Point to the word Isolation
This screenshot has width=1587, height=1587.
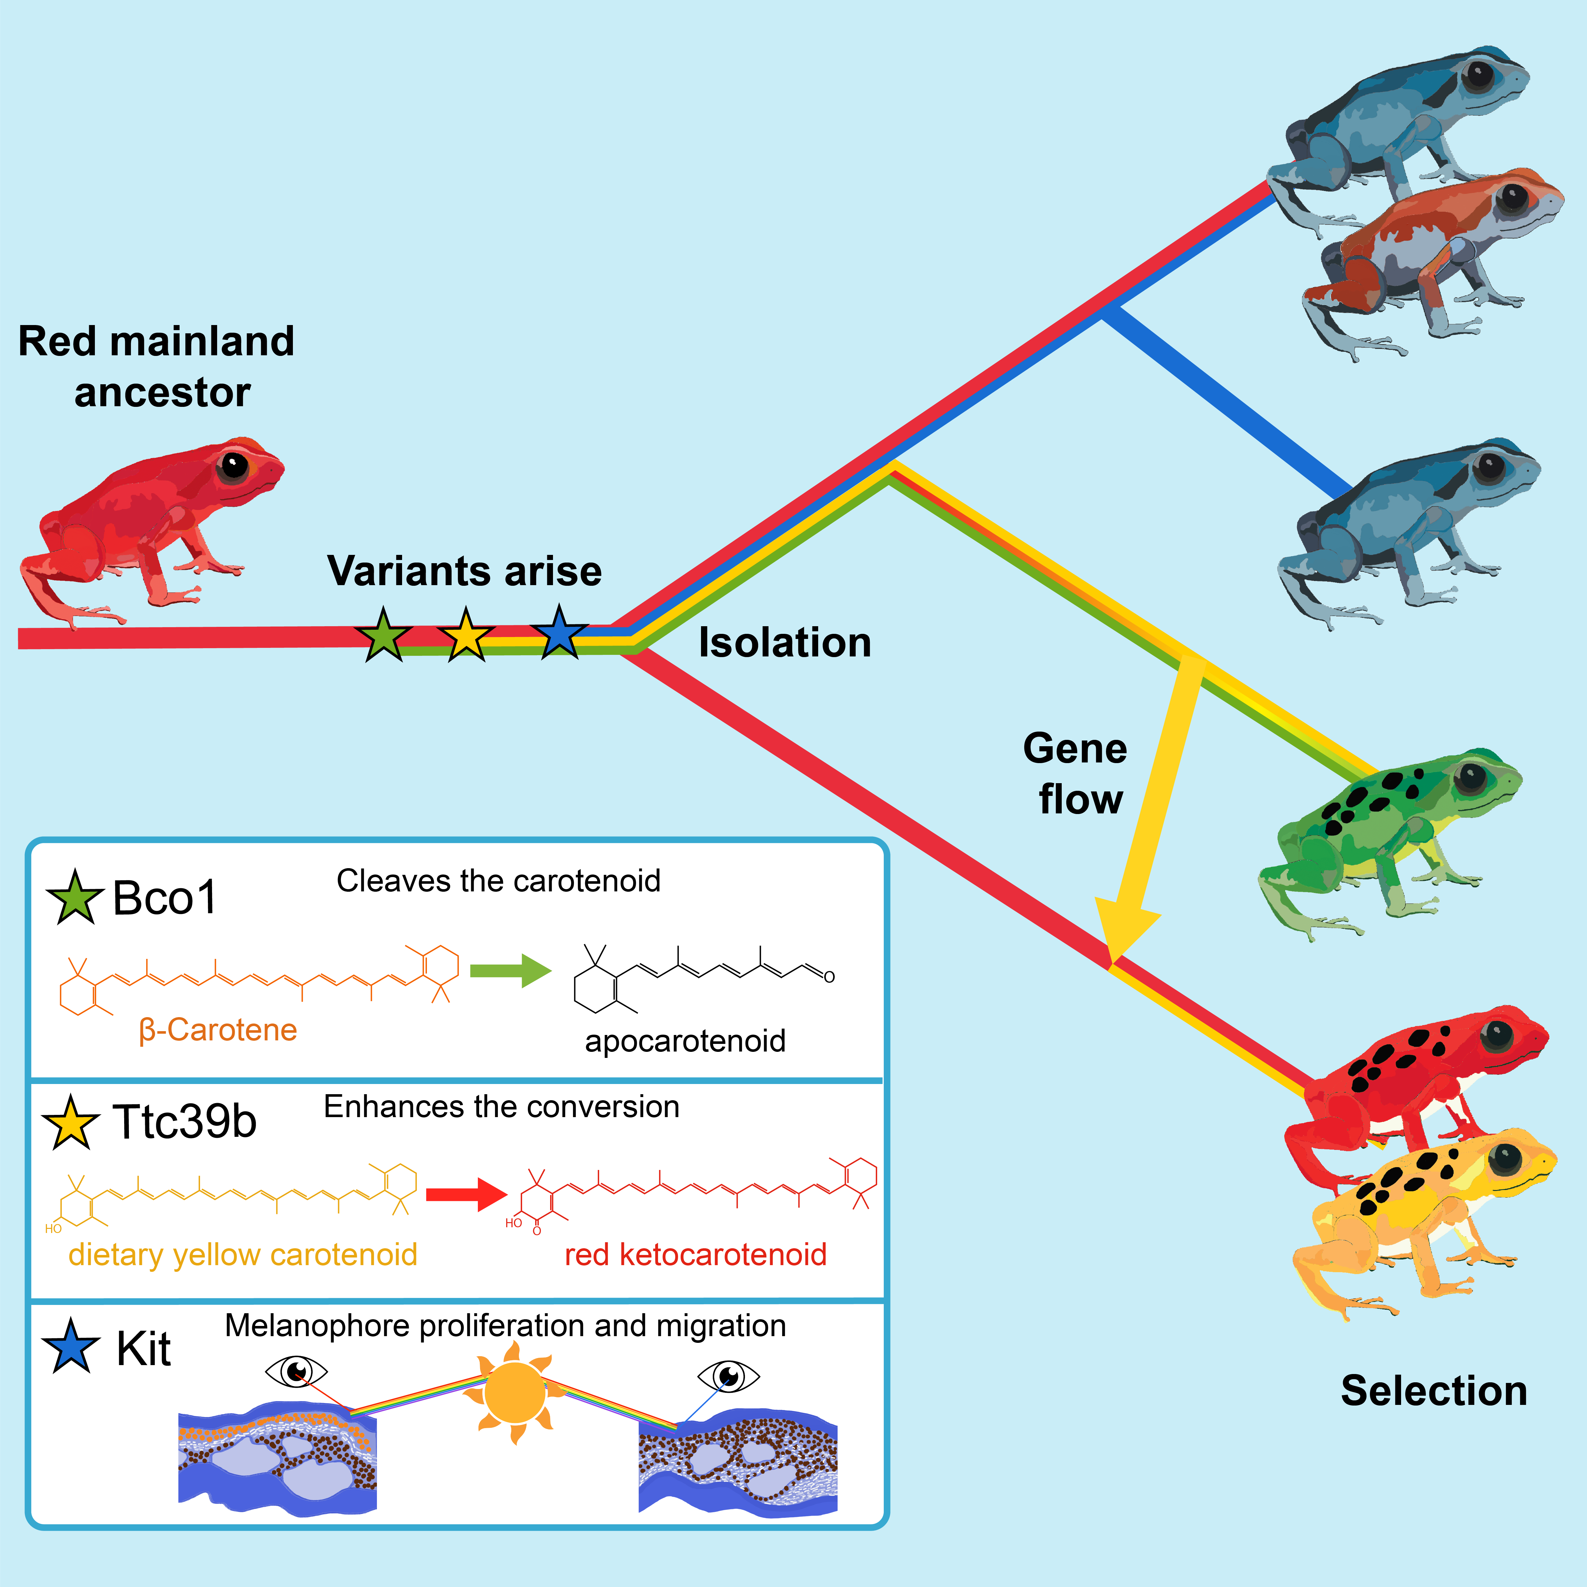[x=784, y=642]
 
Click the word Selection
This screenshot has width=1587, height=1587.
[x=1433, y=1391]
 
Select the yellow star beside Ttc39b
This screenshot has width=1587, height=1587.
[x=71, y=1123]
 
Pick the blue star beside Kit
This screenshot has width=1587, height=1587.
[x=71, y=1347]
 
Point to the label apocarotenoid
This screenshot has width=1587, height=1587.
[x=685, y=1041]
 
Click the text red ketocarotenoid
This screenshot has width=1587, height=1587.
[x=695, y=1254]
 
